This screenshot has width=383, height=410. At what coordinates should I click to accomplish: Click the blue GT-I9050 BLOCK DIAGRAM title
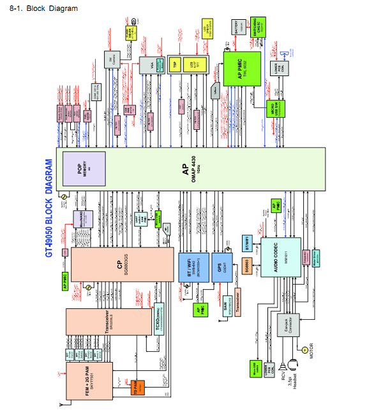(49, 209)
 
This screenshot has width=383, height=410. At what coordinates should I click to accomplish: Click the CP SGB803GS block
(122, 264)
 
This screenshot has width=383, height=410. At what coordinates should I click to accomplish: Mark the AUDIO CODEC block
(280, 256)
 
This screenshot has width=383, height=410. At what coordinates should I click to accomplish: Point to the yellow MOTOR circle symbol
(304, 350)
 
